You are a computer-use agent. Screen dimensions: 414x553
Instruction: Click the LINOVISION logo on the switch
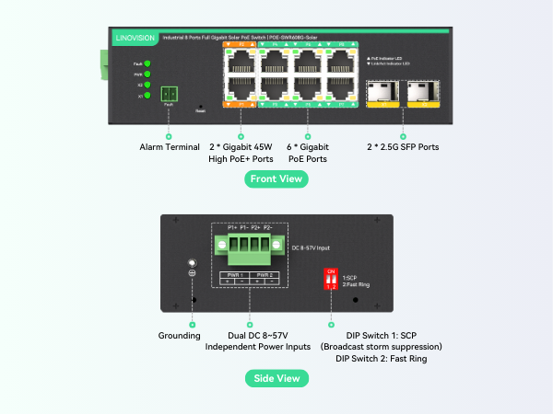point(137,38)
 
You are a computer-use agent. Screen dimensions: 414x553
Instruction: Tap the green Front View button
point(276,178)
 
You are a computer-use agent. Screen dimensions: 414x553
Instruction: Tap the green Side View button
point(276,378)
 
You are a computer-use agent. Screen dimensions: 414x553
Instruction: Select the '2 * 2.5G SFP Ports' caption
point(402,147)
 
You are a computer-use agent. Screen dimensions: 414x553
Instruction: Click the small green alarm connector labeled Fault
point(168,94)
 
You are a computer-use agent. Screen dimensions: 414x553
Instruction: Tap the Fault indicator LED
point(147,63)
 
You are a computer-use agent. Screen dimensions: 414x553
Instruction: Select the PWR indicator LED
point(147,74)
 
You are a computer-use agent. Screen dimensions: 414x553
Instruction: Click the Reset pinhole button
point(201,108)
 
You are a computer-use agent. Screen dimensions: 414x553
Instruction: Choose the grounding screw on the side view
point(192,263)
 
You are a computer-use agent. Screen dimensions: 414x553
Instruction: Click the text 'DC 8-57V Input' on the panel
point(312,247)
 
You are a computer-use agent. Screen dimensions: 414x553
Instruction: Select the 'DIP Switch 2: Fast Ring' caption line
point(380,358)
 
